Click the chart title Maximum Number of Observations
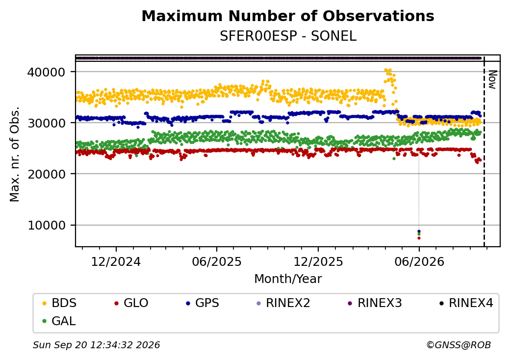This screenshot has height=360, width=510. pyautogui.click(x=288, y=16)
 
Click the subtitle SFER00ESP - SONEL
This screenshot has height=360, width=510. pyautogui.click(x=288, y=36)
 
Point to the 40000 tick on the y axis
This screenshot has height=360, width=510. pyautogui.click(x=47, y=72)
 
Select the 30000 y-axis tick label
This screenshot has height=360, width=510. pyautogui.click(x=47, y=123)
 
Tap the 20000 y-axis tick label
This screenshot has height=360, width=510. pyautogui.click(x=47, y=174)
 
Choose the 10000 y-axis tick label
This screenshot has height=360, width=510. pyautogui.click(x=47, y=225)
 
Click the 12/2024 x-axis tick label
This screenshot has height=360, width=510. pyautogui.click(x=116, y=261)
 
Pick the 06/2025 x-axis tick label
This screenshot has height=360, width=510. pyautogui.click(x=217, y=261)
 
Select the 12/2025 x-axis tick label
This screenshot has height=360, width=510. pyautogui.click(x=318, y=261)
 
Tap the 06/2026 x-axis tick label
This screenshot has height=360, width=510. pyautogui.click(x=419, y=261)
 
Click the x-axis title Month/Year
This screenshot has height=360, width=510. pyautogui.click(x=288, y=279)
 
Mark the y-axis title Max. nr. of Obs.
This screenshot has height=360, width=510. pyautogui.click(x=15, y=154)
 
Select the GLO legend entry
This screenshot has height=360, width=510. pyautogui.click(x=131, y=303)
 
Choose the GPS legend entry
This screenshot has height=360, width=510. pyautogui.click(x=203, y=303)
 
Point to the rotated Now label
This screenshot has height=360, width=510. pyautogui.click(x=493, y=79)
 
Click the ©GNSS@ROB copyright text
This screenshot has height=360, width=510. pyautogui.click(x=459, y=345)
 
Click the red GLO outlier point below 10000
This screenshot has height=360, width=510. pyautogui.click(x=419, y=238)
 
